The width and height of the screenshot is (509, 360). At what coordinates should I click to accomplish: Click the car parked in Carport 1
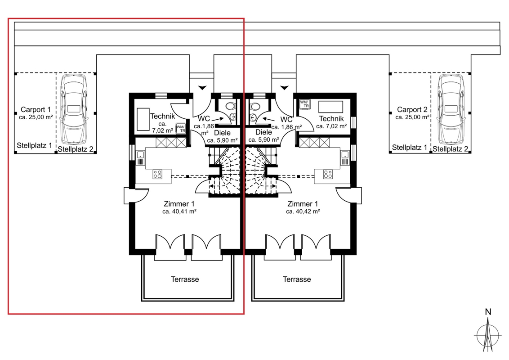(74, 109)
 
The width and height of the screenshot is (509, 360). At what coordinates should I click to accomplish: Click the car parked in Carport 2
(451, 109)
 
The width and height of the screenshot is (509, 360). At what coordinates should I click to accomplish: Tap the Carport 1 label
(36, 109)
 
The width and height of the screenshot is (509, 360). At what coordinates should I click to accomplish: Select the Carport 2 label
(412, 109)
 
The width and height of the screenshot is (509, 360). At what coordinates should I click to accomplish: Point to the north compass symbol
(487, 331)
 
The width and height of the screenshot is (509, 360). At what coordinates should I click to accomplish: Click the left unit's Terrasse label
(185, 279)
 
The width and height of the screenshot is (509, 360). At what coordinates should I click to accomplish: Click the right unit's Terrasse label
(297, 279)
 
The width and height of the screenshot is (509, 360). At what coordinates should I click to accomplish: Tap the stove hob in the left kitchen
(157, 174)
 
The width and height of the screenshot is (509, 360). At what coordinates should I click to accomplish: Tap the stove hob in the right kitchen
(327, 174)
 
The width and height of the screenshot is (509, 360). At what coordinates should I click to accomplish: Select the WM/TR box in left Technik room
(181, 129)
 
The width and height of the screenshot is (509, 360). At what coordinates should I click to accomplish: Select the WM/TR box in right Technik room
(305, 104)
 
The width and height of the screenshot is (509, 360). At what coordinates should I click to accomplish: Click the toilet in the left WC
(230, 106)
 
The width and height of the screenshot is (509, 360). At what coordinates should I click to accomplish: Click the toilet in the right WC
(255, 106)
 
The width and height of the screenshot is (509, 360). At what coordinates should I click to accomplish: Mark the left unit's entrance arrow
(202, 87)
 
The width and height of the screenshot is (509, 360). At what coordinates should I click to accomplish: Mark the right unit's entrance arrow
(285, 87)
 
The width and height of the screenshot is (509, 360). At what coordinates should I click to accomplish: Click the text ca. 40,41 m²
(179, 211)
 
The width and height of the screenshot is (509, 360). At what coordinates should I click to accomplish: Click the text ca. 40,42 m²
(303, 211)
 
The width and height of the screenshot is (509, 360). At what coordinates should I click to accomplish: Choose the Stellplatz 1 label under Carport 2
(410, 147)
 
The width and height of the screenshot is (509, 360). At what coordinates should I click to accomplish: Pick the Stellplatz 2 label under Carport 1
(75, 149)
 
